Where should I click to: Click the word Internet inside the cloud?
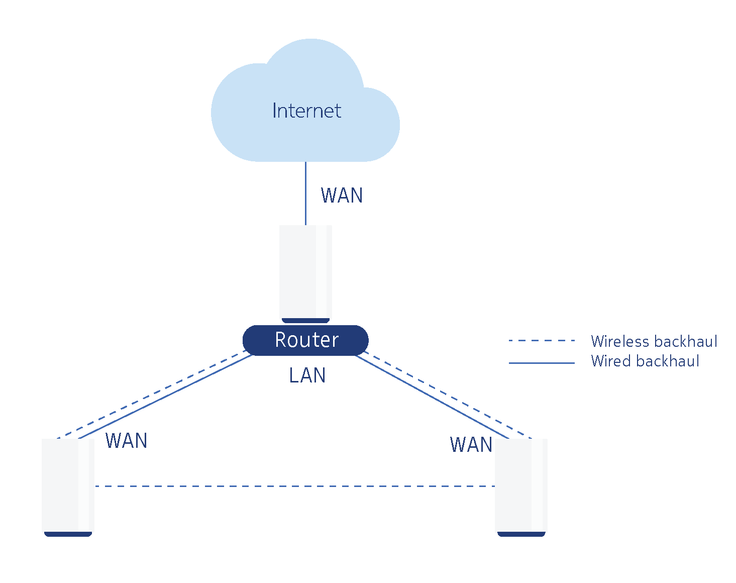306,111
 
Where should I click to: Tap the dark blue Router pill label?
305,340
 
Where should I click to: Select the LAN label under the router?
307,375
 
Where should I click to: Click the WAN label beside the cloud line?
342,196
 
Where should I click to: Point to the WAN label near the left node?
127,441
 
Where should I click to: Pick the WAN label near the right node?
471,445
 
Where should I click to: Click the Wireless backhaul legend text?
654,341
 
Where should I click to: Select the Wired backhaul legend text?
645,361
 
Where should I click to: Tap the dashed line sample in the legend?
542,341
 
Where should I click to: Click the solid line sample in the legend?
542,363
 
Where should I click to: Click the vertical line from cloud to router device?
305,193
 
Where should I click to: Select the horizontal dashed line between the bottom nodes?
294,486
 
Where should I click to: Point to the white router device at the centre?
305,271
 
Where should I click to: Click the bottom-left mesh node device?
68,485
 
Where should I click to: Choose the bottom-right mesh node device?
521,485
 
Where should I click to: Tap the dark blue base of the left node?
68,534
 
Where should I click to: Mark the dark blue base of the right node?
521,534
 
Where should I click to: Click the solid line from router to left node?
166,397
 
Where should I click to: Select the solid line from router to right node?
432,397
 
